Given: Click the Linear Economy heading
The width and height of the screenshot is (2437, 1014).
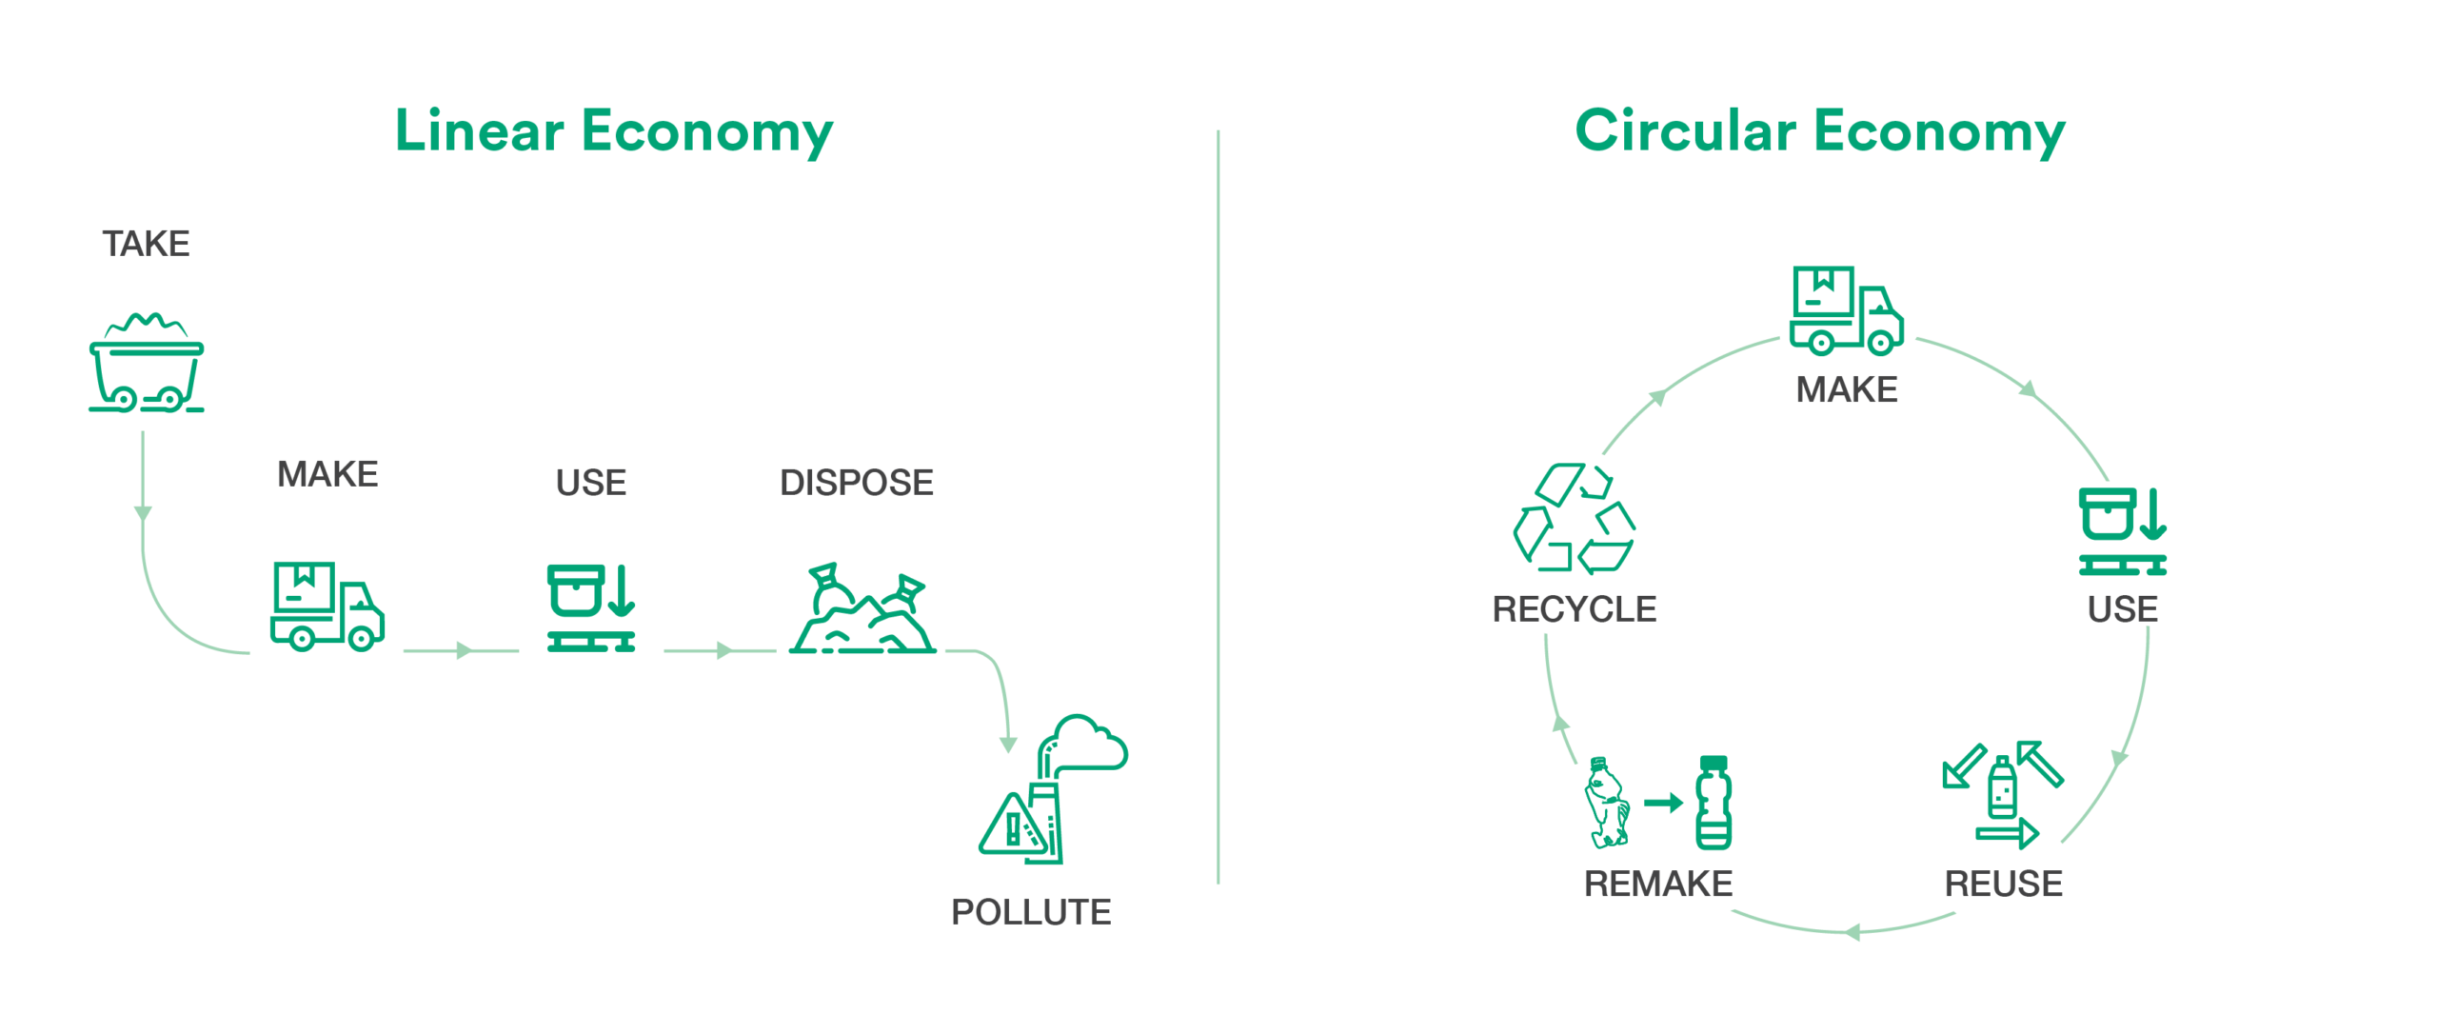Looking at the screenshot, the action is coord(614,131).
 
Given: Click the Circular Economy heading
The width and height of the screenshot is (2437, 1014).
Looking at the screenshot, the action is coord(1820,131).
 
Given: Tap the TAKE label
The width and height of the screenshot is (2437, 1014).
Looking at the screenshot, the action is coord(147,244).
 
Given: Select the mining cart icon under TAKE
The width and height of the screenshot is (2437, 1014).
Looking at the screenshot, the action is coord(147,363).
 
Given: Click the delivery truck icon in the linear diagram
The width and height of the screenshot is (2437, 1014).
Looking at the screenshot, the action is coord(327,606).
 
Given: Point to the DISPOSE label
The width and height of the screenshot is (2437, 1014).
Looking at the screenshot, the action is coord(857,483).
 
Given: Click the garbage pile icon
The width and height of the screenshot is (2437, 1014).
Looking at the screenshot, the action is coord(862,607).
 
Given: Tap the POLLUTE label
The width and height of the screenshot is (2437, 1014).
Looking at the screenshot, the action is coord(1031,912).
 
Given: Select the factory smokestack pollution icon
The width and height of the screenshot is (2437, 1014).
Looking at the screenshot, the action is coord(1053,788).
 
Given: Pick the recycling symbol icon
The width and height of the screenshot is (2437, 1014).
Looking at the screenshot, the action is coord(1575,518).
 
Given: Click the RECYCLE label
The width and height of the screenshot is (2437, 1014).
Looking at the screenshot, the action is coord(1575,609).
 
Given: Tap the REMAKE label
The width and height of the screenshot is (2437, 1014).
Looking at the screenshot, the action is coord(1658,884).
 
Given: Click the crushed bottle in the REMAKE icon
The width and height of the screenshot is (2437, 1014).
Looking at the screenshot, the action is coord(1607,803).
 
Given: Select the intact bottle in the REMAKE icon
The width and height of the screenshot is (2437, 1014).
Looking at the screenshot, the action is coord(1714,803).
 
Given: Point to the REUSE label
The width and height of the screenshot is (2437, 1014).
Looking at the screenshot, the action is coord(2004,884).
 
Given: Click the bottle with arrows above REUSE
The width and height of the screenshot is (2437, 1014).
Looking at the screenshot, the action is coord(2003,794).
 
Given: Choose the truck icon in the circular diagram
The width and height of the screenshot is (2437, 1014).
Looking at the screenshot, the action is coord(1847,310).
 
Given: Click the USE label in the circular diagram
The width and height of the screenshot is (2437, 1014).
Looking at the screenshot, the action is coord(2123,609).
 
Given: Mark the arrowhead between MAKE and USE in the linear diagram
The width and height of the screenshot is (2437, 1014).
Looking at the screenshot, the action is coord(465,651).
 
